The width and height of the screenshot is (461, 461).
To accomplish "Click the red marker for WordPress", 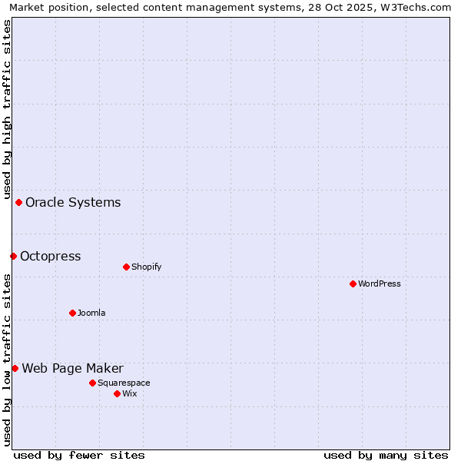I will pyautogui.click(x=353, y=284).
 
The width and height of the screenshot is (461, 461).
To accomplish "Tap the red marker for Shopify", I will pyautogui.click(x=126, y=267).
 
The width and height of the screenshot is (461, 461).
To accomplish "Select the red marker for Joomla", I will pyautogui.click(x=72, y=313).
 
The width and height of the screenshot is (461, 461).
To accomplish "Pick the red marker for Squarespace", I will pyautogui.click(x=92, y=383).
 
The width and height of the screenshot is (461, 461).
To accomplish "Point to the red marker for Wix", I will pyautogui.click(x=117, y=393).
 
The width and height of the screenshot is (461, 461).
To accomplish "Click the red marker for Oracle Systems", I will pyautogui.click(x=18, y=202).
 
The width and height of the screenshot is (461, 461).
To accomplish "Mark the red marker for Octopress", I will pyautogui.click(x=13, y=256).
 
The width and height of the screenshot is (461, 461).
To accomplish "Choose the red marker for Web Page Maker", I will pyautogui.click(x=15, y=368).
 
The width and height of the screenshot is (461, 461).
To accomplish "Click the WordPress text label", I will pyautogui.click(x=380, y=284).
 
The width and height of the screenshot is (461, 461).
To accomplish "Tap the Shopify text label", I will pyautogui.click(x=147, y=267).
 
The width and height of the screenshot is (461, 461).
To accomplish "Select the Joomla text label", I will pyautogui.click(x=91, y=313).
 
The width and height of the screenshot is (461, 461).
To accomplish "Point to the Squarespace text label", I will pyautogui.click(x=124, y=383).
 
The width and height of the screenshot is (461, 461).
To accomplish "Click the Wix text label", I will pyautogui.click(x=130, y=393).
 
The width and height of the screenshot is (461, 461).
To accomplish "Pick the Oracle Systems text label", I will pyautogui.click(x=73, y=202).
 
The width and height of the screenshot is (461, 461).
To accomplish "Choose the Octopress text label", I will pyautogui.click(x=51, y=256).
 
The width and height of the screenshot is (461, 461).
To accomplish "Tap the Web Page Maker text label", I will pyautogui.click(x=72, y=368).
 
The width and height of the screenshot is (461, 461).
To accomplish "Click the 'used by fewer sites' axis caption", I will pyautogui.click(x=79, y=455).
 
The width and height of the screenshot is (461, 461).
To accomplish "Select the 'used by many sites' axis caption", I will pyautogui.click(x=386, y=455).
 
